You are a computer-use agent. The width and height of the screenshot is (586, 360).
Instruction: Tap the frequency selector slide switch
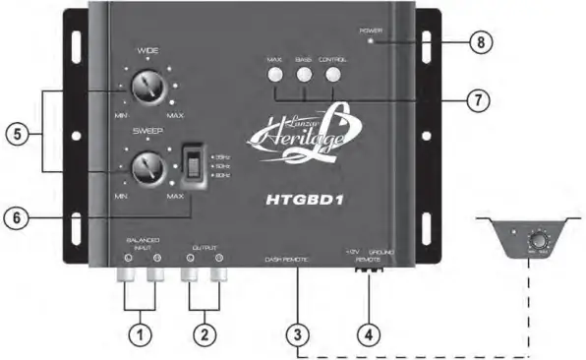(195, 166)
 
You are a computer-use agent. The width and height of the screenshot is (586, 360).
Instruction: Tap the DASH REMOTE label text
(287, 259)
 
